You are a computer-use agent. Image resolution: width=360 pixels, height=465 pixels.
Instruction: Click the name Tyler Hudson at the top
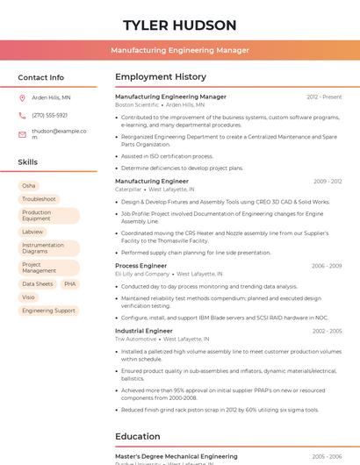tap(180, 25)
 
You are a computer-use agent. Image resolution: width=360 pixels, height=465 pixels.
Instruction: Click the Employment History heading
tap(161, 77)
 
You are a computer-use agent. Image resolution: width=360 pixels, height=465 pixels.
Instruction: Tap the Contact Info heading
tap(40, 77)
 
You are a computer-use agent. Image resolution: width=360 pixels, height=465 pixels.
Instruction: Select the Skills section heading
tap(28, 162)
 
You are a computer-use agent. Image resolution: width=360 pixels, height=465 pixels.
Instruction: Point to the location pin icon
tap(22, 97)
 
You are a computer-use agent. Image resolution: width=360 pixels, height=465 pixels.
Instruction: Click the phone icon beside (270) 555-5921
tap(22, 115)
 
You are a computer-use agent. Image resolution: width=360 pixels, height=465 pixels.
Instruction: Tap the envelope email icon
tap(22, 134)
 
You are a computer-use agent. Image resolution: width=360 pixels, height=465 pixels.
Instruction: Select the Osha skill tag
tap(29, 186)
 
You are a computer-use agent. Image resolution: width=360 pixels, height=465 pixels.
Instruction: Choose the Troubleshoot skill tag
tap(39, 199)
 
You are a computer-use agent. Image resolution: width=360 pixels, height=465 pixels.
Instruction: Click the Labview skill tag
tap(32, 232)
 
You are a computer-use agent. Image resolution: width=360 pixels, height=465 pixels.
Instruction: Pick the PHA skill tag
tap(70, 284)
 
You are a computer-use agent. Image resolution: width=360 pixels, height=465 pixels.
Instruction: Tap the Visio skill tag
tap(29, 297)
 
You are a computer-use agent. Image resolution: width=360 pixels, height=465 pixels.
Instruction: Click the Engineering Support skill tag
tap(48, 311)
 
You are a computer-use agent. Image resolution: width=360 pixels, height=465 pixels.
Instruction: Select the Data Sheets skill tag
tap(38, 284)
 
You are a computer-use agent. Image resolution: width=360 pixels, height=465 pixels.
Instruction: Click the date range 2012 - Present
tap(324, 97)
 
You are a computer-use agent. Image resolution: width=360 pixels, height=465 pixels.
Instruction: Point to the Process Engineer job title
tap(140, 265)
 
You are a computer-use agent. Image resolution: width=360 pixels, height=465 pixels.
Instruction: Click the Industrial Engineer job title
tap(144, 331)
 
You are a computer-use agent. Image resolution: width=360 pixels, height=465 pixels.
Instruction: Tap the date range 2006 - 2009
tap(327, 265)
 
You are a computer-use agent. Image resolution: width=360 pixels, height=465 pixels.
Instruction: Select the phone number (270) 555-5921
tap(49, 115)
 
